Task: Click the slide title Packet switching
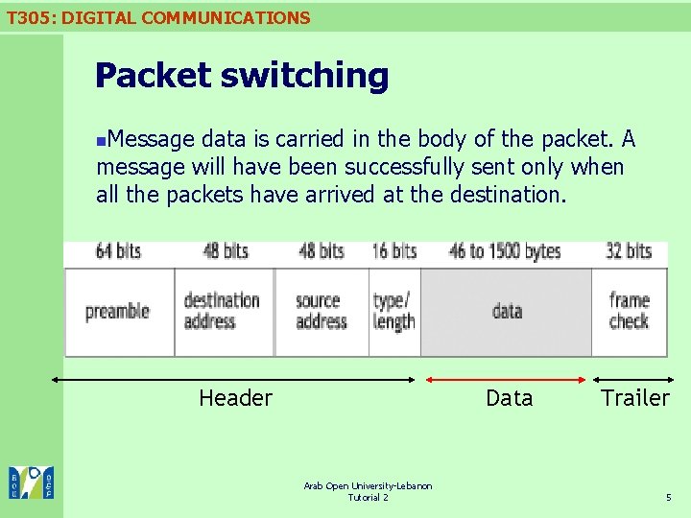pyautogui.click(x=242, y=75)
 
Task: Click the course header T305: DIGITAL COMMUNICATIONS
pyautogui.click(x=158, y=17)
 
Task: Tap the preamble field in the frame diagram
pyautogui.click(x=118, y=312)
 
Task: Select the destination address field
pyautogui.click(x=222, y=311)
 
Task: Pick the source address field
pyautogui.click(x=321, y=311)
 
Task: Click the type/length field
pyautogui.click(x=393, y=311)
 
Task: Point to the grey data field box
pyautogui.click(x=506, y=311)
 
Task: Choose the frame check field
pyautogui.click(x=629, y=311)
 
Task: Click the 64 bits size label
pyautogui.click(x=118, y=251)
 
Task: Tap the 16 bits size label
pyautogui.click(x=393, y=251)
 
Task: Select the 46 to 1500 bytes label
pyautogui.click(x=504, y=251)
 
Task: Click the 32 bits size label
pyautogui.click(x=629, y=251)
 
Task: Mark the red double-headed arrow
pyautogui.click(x=507, y=379)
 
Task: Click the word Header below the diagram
pyautogui.click(x=235, y=398)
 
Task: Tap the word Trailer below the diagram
pyautogui.click(x=634, y=398)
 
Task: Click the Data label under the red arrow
pyautogui.click(x=509, y=398)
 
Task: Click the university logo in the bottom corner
pyautogui.click(x=31, y=482)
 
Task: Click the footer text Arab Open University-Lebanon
pyautogui.click(x=368, y=486)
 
